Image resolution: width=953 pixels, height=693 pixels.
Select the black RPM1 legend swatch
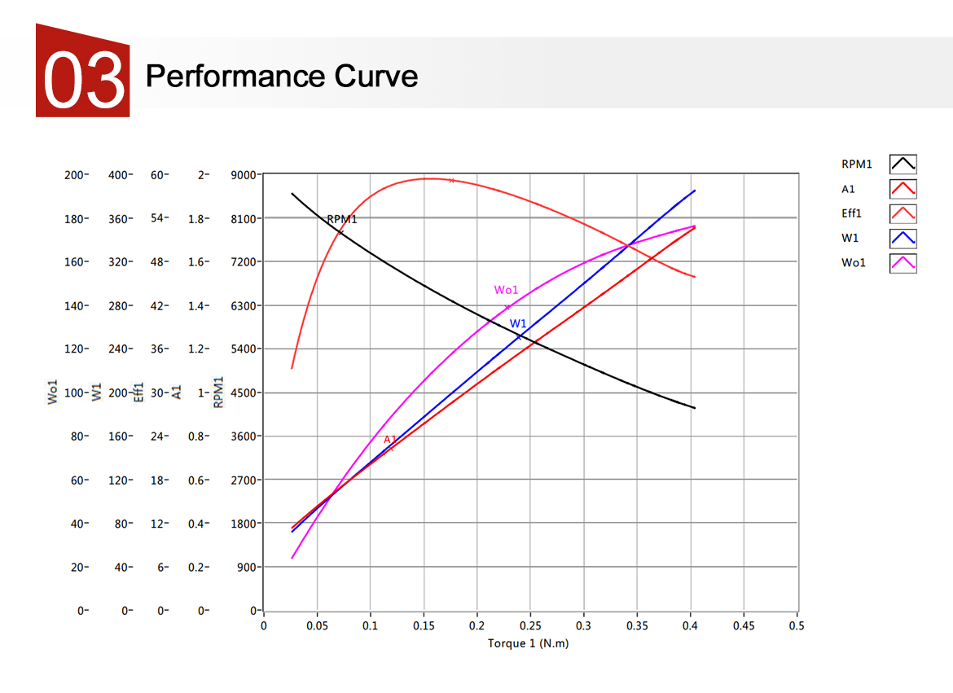(903, 164)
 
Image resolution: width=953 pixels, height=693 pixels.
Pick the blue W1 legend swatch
(903, 239)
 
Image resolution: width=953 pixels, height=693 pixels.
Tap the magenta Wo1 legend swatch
(903, 263)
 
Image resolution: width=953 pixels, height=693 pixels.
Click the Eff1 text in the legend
(852, 214)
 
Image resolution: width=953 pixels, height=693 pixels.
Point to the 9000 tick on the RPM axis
(245, 175)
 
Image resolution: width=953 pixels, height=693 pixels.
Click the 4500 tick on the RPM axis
(245, 393)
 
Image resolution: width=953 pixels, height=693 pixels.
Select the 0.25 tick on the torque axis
(530, 625)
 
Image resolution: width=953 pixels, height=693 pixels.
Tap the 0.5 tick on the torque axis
(797, 625)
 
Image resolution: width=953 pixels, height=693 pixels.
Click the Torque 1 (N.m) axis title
(528, 643)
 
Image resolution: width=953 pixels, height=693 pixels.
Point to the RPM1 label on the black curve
(342, 220)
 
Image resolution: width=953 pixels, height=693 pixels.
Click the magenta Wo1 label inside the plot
(506, 290)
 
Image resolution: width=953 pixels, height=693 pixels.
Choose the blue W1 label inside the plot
(518, 324)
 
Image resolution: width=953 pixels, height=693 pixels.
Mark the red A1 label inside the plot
(390, 440)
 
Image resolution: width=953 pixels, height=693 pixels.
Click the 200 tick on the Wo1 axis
(74, 175)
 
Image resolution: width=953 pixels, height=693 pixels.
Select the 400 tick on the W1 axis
(119, 175)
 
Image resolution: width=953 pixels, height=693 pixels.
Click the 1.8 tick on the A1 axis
(196, 219)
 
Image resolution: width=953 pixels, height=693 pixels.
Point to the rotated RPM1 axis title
(218, 392)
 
